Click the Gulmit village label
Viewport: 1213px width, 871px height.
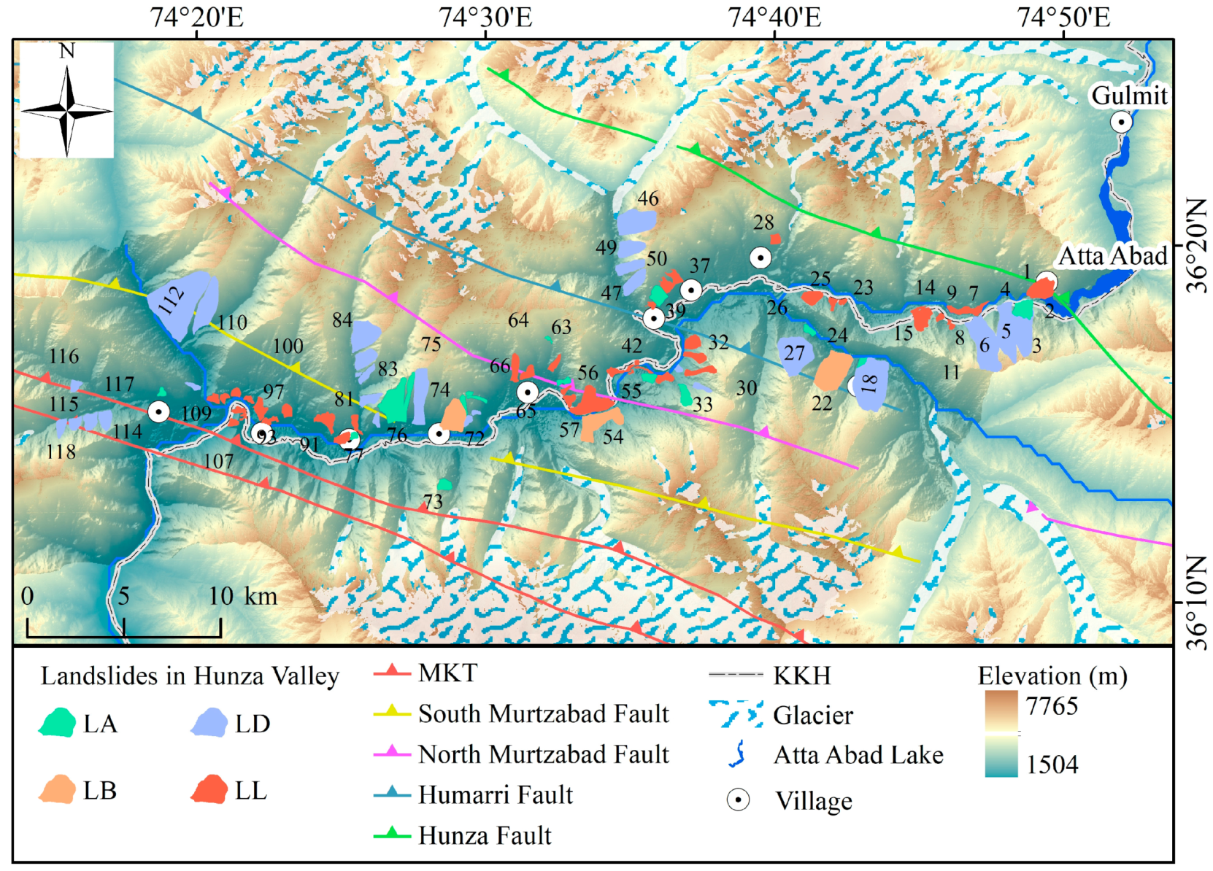click(x=1128, y=95)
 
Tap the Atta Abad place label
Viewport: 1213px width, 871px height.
click(x=1112, y=256)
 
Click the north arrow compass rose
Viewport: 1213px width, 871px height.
click(x=66, y=109)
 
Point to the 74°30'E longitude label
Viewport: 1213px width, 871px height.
click(x=485, y=17)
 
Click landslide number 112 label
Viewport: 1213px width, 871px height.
click(x=172, y=300)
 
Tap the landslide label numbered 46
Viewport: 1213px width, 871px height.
click(x=647, y=198)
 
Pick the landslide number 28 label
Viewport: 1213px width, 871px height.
click(x=763, y=222)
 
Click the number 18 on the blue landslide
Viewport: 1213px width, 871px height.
click(x=869, y=383)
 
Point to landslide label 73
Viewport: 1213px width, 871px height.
click(x=433, y=502)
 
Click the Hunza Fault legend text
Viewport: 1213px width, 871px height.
click(x=485, y=835)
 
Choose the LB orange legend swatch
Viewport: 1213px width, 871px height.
click(x=58, y=790)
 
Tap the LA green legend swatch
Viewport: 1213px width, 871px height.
click(x=58, y=723)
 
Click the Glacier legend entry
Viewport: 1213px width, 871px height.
click(x=812, y=716)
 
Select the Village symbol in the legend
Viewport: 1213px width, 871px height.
click(x=738, y=800)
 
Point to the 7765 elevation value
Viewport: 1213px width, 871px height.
click(x=1051, y=706)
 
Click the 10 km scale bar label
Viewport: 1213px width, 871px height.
click(x=242, y=597)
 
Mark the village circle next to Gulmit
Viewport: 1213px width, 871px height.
click(x=1120, y=122)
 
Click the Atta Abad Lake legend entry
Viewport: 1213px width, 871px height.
click(x=858, y=755)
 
